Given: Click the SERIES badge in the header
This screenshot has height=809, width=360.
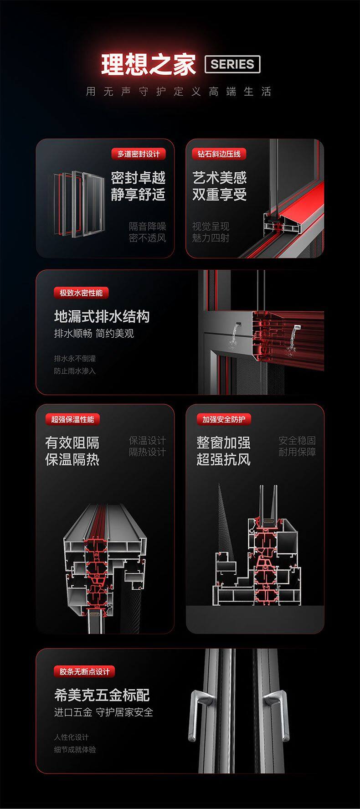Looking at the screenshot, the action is tap(232, 64).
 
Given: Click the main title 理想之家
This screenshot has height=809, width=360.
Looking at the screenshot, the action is tap(149, 64).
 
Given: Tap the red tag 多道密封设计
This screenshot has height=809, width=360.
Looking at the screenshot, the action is tap(139, 154).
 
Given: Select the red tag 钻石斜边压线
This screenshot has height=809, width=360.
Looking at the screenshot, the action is tap(219, 154).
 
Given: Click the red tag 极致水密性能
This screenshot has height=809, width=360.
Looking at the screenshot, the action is tap(81, 293).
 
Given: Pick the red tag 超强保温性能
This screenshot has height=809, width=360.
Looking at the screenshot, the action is tap(72, 419).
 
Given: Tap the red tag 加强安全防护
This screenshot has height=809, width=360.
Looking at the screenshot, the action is tap(224, 419).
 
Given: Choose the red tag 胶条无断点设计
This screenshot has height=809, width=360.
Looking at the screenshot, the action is tap(85, 671).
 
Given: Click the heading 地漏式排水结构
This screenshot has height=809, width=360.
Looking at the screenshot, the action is tap(102, 316).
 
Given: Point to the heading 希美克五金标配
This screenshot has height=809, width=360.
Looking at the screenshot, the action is tap(102, 695).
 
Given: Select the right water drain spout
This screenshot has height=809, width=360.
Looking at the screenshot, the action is tap(296, 326).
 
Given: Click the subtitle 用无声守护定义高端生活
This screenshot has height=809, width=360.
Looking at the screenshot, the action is tap(179, 92).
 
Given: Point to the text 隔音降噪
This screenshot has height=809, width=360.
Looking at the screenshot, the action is tap(147, 226).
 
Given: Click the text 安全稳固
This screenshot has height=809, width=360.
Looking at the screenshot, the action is tap(297, 440).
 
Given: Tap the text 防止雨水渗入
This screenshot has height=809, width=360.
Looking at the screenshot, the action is tap(75, 371).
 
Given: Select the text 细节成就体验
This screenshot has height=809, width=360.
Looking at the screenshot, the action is tap(75, 750).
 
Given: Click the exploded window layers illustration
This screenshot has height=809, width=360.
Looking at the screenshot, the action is tap(77, 204).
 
